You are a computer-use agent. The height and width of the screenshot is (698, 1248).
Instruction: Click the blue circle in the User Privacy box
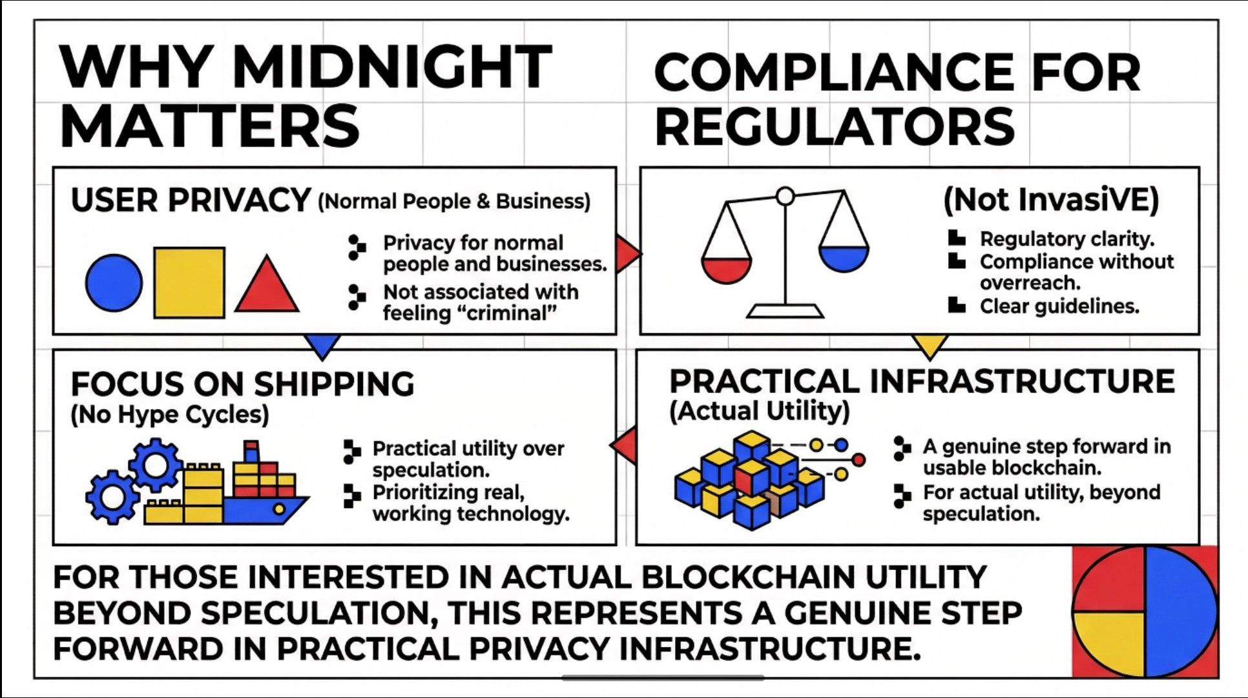pos(114,283)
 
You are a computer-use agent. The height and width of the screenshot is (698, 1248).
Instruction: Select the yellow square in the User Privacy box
pos(189,282)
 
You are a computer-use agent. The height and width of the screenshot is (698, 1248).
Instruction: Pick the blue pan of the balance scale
pos(844,259)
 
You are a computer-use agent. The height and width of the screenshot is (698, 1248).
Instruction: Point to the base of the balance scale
pos(785,312)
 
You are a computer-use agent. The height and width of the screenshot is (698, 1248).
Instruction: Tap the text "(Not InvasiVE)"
pos(1051,200)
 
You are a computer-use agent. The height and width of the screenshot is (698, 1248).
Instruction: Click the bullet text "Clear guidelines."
pos(1059,306)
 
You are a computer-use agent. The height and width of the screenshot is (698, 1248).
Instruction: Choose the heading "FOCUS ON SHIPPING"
pos(242,384)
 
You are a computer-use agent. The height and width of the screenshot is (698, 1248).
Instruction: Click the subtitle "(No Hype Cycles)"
pos(170,414)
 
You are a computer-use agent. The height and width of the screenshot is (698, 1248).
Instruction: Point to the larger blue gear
pos(155,464)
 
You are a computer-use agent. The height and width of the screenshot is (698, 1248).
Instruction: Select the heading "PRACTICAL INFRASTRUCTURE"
pos(922,381)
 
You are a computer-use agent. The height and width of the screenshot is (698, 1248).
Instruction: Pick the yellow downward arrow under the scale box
pos(930,346)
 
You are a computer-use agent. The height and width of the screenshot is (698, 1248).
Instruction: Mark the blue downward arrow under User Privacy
pos(322,345)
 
